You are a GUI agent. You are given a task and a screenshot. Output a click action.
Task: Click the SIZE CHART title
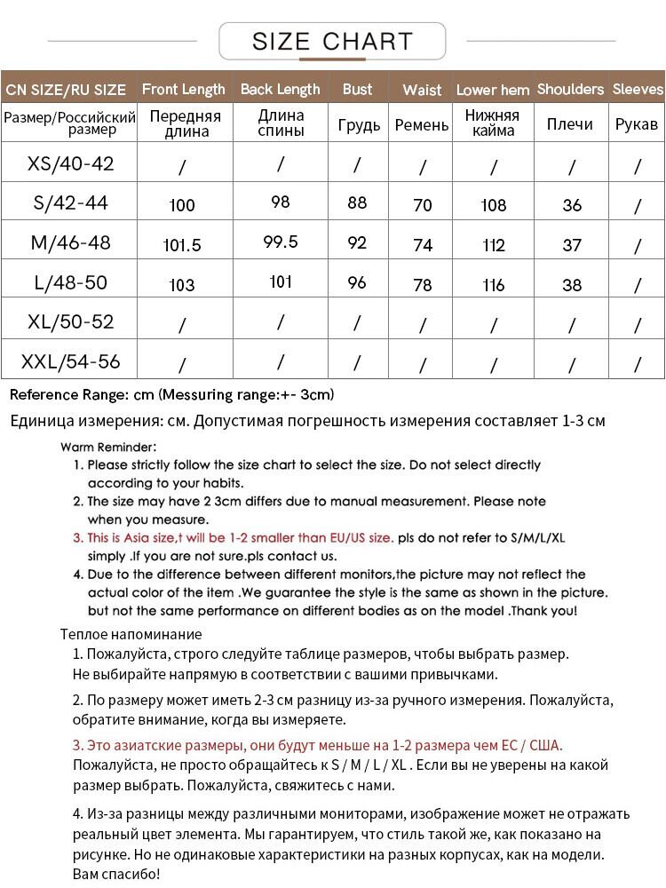(332, 42)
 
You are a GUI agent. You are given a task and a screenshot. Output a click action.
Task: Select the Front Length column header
(184, 89)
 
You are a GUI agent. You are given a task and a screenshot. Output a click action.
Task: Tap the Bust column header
(357, 89)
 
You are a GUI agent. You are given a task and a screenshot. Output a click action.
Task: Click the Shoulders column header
(570, 89)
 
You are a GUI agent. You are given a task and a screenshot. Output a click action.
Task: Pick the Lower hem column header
(493, 90)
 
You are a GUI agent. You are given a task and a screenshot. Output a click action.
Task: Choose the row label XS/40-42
(71, 163)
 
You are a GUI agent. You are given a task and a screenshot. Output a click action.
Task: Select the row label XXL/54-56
(71, 361)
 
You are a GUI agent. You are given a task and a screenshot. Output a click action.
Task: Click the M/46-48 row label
(71, 242)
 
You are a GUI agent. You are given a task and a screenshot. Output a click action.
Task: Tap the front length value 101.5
(182, 245)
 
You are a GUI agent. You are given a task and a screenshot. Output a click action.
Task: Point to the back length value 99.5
(281, 242)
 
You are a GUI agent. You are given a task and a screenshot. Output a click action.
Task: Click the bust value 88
(357, 202)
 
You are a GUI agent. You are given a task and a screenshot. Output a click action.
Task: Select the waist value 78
(423, 284)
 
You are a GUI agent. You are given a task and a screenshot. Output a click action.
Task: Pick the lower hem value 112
(493, 245)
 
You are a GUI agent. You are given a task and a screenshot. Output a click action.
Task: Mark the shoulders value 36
(572, 205)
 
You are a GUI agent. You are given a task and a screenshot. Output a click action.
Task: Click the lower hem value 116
(493, 284)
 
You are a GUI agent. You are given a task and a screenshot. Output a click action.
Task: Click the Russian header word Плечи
(570, 124)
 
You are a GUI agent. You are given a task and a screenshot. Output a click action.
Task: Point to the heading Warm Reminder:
(108, 447)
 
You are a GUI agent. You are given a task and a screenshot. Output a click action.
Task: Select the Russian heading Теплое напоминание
(131, 634)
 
